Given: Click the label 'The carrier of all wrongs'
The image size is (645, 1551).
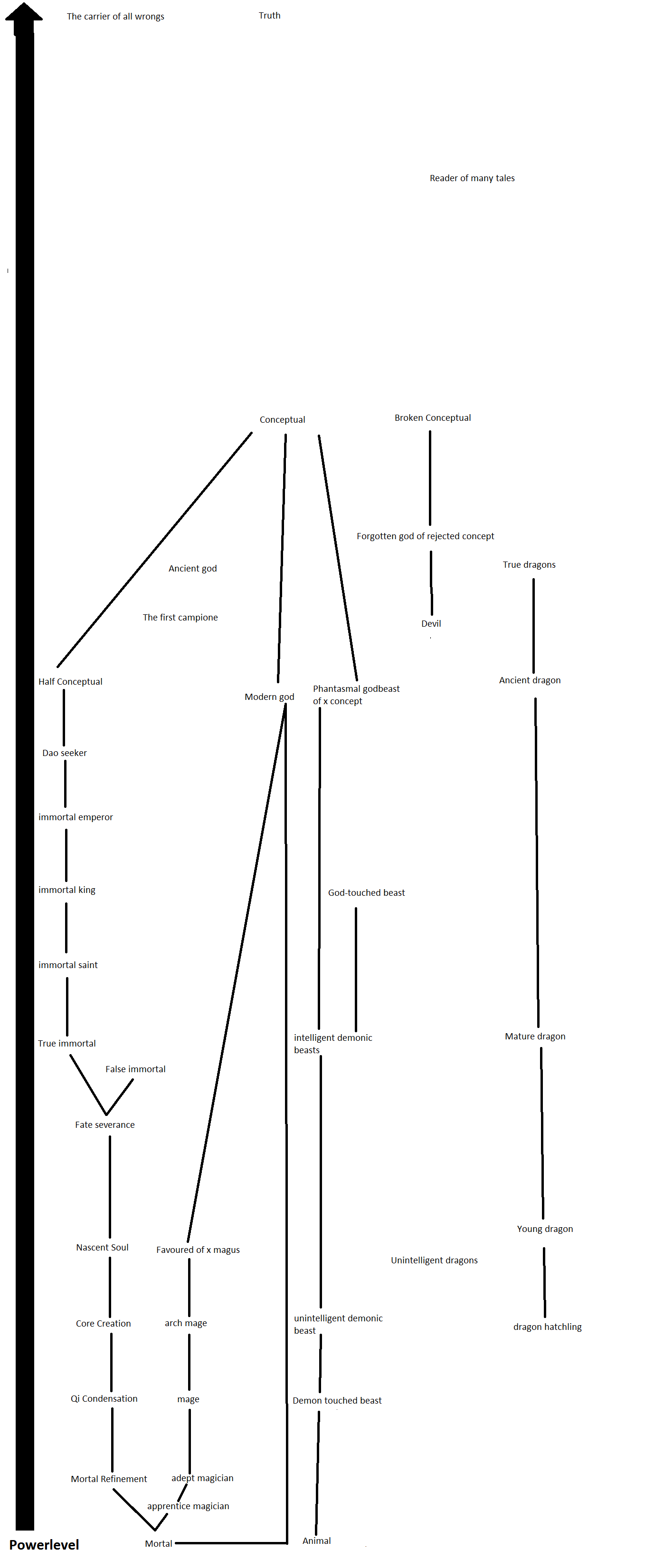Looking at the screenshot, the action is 115,16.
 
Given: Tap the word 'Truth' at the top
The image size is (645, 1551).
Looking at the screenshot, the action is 270,16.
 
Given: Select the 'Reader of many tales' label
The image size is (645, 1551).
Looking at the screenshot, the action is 472,178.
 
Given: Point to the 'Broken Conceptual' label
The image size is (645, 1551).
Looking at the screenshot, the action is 433,418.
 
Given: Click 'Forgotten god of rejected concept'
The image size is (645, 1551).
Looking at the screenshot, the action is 426,536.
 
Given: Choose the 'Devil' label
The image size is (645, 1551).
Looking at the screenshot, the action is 431,624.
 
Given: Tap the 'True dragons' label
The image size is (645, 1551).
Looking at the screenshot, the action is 530,565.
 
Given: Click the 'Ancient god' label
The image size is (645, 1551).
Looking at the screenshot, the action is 192,568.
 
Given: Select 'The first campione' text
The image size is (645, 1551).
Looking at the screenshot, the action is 180,618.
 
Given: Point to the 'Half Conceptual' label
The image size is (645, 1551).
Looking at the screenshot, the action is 70,681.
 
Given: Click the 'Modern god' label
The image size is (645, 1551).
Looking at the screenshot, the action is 270,697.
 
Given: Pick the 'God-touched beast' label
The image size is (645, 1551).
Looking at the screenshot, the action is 366,893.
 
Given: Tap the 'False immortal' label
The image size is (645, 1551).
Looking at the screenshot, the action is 135,1069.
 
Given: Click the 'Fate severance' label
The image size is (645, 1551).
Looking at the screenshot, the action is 104,1124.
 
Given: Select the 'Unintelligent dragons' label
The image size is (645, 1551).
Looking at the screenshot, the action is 435,1260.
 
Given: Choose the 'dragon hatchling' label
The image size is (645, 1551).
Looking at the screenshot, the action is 548,1327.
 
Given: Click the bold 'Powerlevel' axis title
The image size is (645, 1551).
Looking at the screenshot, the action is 44,1544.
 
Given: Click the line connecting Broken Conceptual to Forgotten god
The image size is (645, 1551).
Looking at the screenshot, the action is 429,478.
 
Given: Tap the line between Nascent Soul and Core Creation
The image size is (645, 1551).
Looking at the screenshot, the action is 110,1287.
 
